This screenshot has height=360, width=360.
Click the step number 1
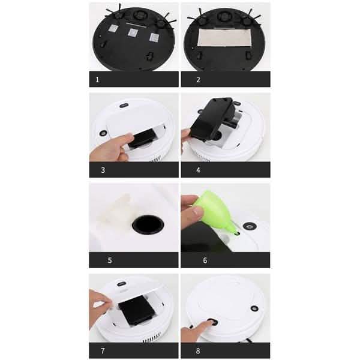(97, 79)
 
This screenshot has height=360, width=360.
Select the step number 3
(103, 170)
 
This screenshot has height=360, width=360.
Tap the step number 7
(103, 350)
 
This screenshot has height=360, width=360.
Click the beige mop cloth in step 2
(225, 37)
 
